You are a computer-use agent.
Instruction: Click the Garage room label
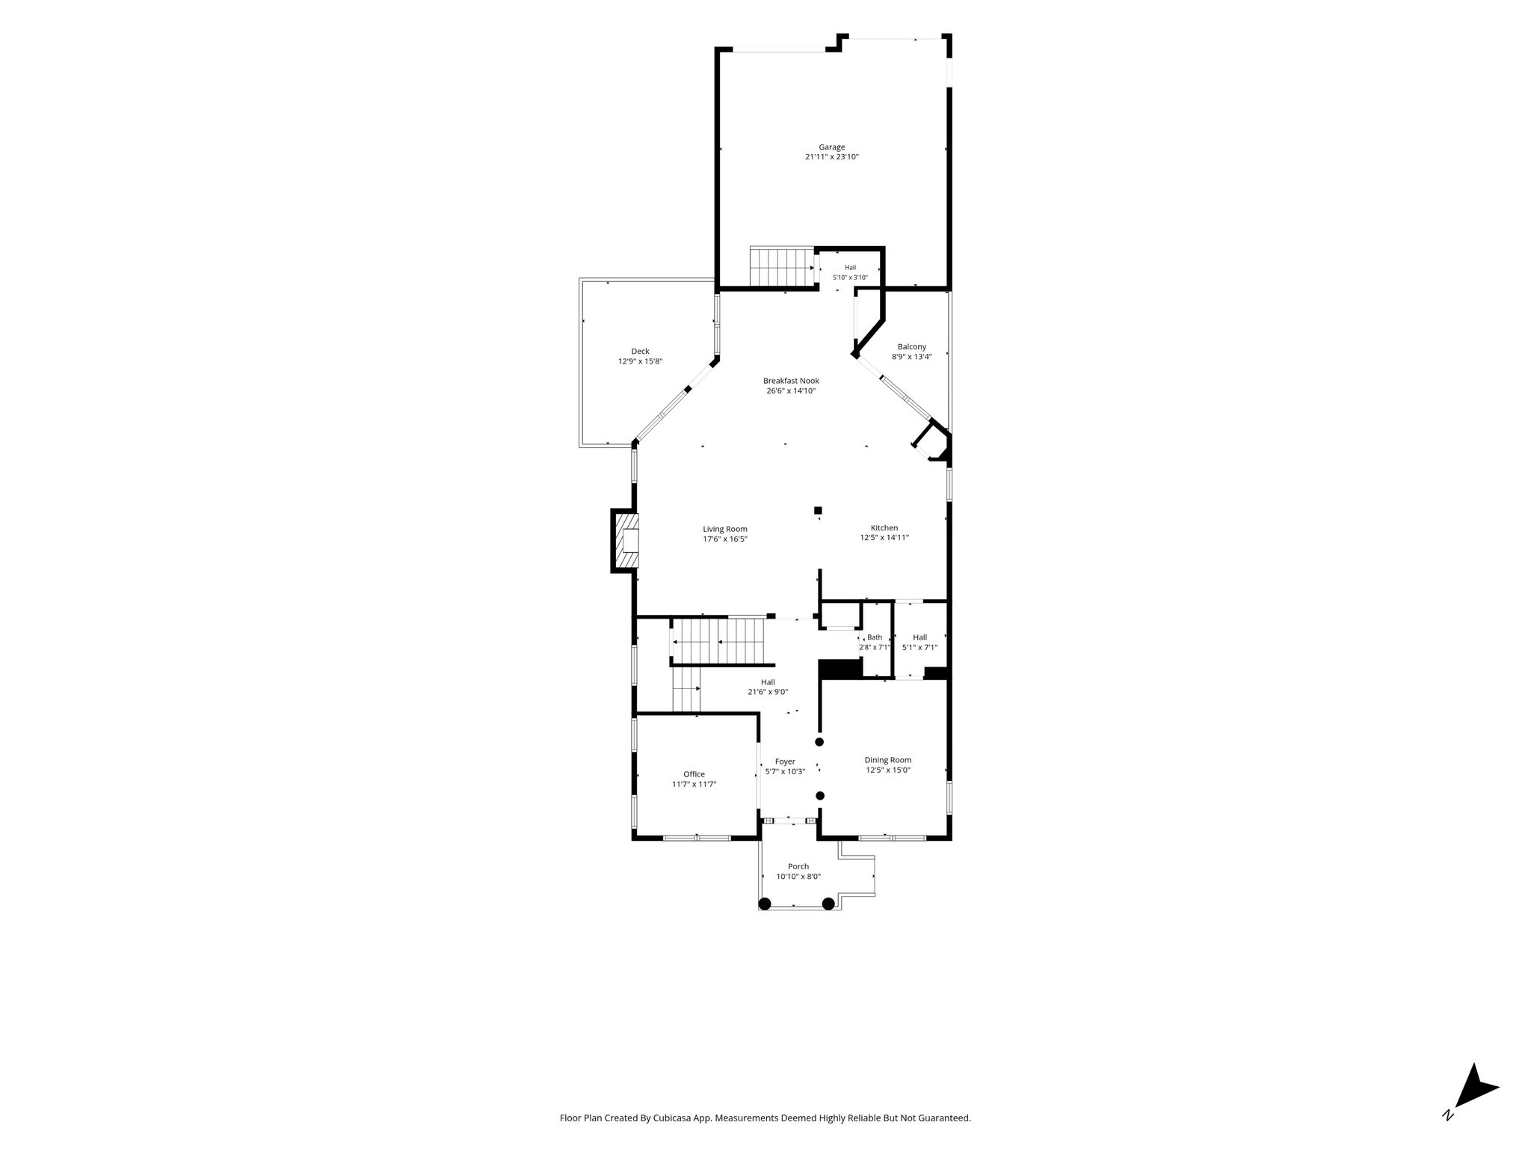(831, 147)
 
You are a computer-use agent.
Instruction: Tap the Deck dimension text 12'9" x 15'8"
(640, 361)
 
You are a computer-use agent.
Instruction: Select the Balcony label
(912, 347)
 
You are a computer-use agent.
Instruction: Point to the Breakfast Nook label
(791, 381)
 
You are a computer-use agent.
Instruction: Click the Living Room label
(725, 529)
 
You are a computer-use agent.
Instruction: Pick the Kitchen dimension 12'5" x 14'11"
(884, 537)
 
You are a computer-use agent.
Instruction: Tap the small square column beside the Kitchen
(818, 511)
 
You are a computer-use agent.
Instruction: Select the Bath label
(875, 637)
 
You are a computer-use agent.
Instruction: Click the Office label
(694, 774)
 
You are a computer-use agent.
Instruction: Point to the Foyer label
(785, 762)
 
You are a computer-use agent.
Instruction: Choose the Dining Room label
(888, 760)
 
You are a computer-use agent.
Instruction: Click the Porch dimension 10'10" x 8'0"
(798, 877)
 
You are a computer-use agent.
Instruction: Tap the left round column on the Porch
(765, 904)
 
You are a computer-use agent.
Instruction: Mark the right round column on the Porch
(828, 904)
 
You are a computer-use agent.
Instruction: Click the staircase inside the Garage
(782, 267)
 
